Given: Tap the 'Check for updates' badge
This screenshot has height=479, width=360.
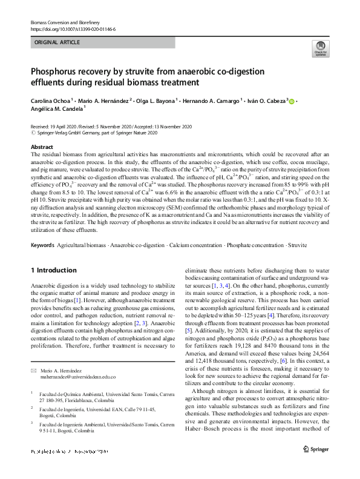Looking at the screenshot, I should coord(319,50).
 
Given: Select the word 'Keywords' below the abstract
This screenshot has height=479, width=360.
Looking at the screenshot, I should coord(42,245).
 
